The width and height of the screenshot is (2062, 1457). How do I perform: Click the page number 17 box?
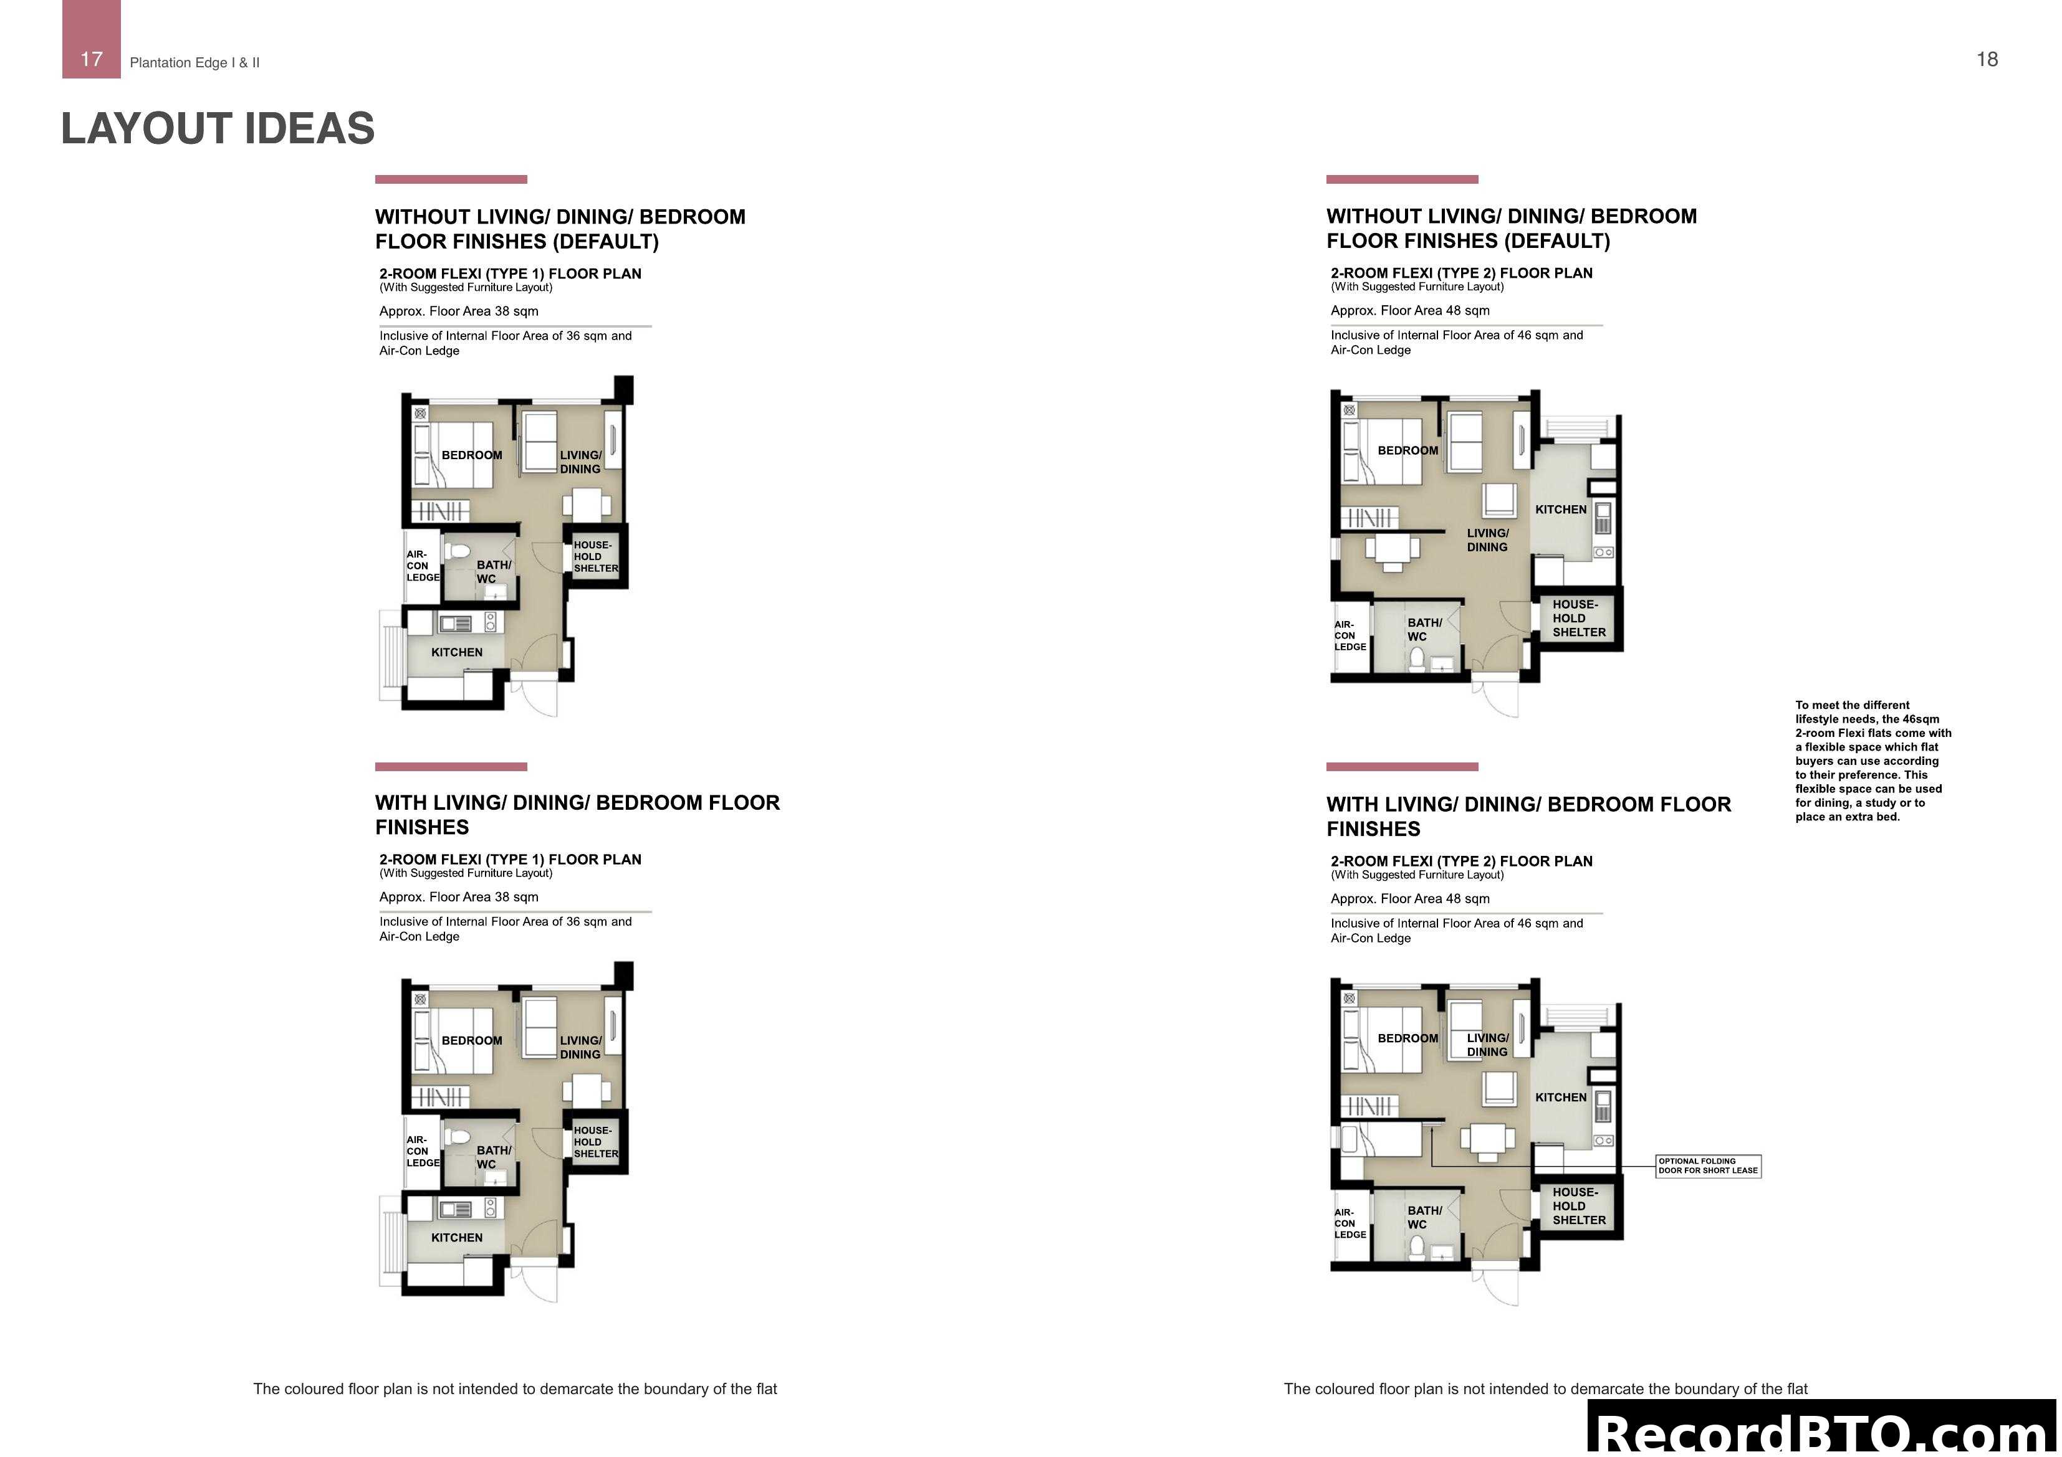point(91,39)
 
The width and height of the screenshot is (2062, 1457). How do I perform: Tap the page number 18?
point(1987,59)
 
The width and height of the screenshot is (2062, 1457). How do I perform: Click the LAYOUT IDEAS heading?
point(218,128)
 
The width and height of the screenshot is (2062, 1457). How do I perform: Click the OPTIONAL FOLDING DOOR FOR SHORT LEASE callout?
point(1707,1166)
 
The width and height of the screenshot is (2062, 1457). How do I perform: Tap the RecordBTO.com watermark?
point(1823,1429)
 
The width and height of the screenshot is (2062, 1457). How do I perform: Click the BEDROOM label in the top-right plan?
point(1407,450)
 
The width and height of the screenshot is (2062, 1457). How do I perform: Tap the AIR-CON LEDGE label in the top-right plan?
point(1349,635)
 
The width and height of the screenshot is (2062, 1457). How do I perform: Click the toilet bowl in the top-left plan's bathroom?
point(459,550)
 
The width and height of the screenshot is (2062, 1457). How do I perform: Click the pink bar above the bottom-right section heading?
point(1401,767)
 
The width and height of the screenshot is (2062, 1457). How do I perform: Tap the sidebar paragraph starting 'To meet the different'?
point(1873,761)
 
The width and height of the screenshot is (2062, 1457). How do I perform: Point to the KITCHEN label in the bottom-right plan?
point(1560,1097)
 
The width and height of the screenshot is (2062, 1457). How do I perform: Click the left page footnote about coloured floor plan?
point(515,1388)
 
